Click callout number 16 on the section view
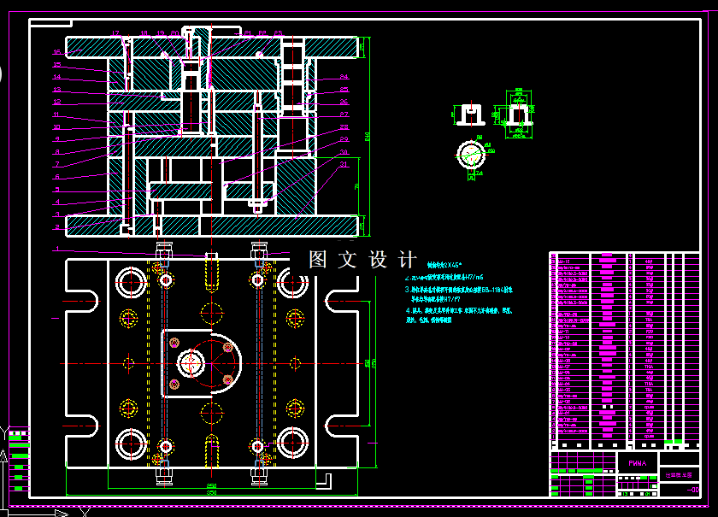(x=57, y=52)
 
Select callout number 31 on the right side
(x=344, y=164)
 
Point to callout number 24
(x=344, y=78)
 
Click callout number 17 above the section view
(x=115, y=33)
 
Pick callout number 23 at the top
(x=278, y=33)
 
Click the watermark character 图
(x=318, y=260)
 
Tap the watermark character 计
(x=408, y=260)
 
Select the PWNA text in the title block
(x=638, y=463)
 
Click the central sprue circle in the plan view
(x=189, y=363)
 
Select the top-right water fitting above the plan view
(x=256, y=251)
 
